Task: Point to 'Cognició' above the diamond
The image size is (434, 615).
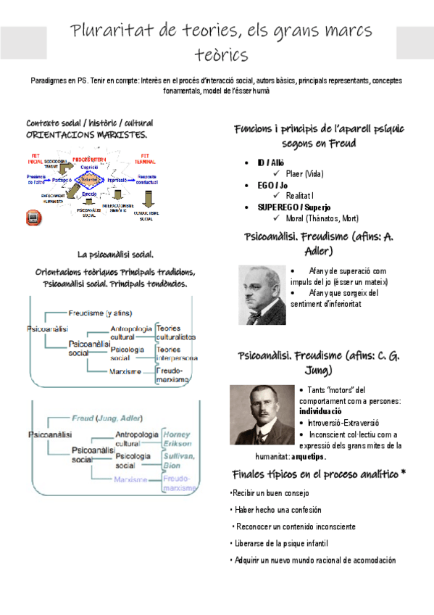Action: tap(90, 167)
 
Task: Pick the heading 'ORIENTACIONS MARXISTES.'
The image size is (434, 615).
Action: tap(87, 135)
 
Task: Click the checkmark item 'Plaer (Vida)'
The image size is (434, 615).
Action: tap(304, 174)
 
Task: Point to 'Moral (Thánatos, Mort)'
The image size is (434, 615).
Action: tap(322, 218)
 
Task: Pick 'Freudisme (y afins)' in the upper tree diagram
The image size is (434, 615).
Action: tap(101, 313)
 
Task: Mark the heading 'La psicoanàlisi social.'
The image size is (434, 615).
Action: tap(116, 254)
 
